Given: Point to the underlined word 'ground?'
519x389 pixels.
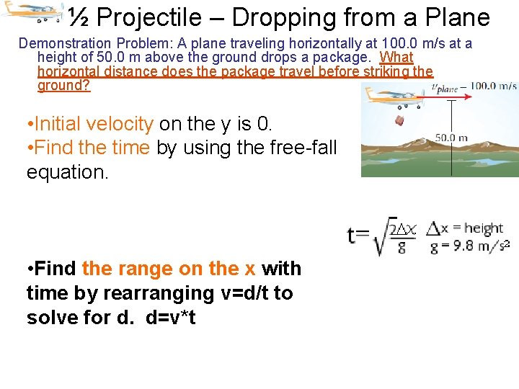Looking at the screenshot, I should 63,86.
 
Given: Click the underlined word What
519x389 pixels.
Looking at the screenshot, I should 396,58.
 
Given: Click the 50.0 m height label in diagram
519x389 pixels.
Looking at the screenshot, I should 451,138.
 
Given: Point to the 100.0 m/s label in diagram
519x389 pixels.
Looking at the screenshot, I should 493,86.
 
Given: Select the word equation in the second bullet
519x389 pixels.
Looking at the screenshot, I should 67,172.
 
